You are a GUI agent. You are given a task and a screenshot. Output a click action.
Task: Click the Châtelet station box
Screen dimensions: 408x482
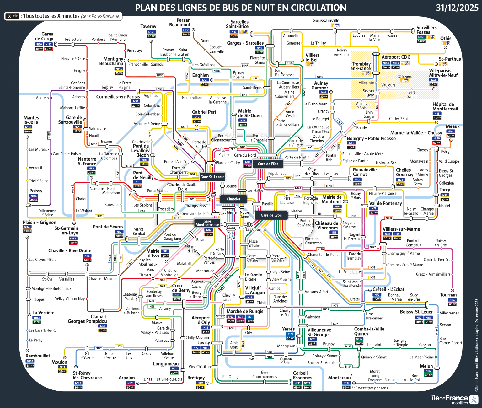click(x=233, y=199)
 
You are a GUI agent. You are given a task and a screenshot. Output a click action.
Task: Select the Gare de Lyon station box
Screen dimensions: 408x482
click(x=271, y=215)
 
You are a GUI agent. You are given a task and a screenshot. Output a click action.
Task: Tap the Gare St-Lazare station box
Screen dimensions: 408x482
click(x=212, y=177)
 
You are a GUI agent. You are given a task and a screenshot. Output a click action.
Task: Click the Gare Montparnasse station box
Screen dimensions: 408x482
click(x=207, y=223)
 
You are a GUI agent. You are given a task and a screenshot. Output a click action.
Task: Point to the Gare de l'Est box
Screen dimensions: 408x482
click(x=268, y=164)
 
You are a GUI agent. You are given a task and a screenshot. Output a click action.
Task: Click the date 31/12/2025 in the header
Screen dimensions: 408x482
click(x=457, y=8)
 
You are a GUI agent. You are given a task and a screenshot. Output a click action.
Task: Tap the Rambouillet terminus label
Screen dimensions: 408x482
click(x=38, y=356)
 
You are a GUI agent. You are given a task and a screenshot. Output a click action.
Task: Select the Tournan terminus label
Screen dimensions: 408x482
click(x=448, y=295)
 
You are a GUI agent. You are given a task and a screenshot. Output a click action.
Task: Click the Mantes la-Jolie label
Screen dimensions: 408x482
click(x=31, y=120)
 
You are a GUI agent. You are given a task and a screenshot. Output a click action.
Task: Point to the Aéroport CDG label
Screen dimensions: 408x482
click(x=396, y=57)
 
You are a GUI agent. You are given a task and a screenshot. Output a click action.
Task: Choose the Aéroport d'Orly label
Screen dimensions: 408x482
click(x=201, y=320)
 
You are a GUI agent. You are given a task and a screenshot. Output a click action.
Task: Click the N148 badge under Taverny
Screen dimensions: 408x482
click(x=151, y=32)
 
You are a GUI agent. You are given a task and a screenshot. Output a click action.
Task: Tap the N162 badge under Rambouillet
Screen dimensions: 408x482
click(x=30, y=361)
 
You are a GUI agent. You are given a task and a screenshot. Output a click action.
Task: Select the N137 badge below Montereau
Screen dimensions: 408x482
click(x=346, y=383)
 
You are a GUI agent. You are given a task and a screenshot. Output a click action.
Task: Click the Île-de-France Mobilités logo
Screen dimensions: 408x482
click(x=454, y=400)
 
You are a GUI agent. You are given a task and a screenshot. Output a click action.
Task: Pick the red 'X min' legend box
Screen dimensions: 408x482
click(x=12, y=16)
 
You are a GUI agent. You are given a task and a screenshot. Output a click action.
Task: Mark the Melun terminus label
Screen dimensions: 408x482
click(x=426, y=366)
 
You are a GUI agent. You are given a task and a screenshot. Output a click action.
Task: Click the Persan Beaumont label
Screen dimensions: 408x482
click(x=180, y=23)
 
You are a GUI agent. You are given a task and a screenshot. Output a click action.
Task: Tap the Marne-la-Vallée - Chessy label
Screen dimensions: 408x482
click(x=416, y=133)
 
